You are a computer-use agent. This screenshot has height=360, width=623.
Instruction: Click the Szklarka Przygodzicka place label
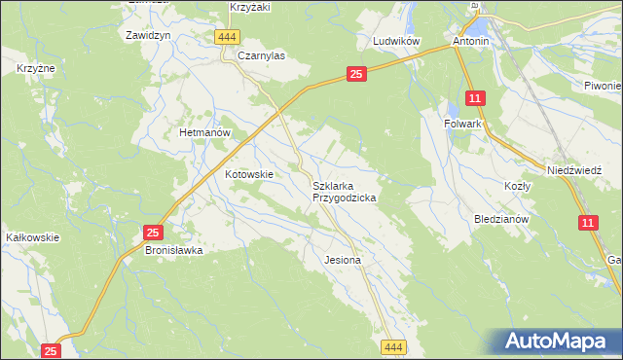click(x=344, y=191)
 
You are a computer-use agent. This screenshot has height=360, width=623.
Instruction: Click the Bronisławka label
click(x=173, y=250)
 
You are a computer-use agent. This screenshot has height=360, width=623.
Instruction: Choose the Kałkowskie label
click(x=33, y=236)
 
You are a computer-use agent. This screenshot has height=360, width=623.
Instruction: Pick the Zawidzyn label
click(x=149, y=34)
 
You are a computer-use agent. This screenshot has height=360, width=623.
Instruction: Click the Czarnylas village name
click(x=260, y=56)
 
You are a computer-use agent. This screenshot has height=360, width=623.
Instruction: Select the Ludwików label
click(x=396, y=43)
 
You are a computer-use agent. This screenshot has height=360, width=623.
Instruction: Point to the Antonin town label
click(x=470, y=43)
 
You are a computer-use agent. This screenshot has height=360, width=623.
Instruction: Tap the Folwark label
click(x=464, y=125)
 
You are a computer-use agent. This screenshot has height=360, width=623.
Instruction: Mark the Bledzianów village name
click(x=500, y=219)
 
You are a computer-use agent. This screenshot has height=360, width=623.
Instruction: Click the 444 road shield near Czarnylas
click(x=227, y=37)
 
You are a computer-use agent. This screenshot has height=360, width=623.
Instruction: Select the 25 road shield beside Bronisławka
click(x=153, y=233)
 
